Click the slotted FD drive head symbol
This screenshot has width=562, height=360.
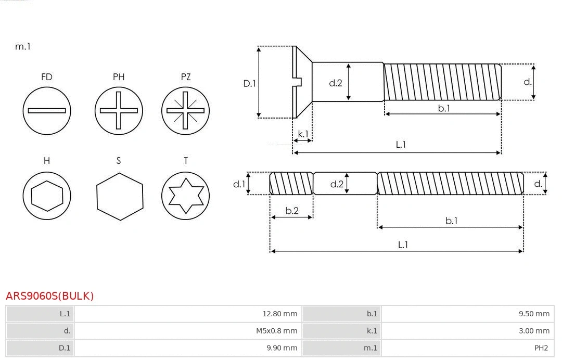(47, 110)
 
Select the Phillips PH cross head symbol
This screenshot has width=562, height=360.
(119, 110)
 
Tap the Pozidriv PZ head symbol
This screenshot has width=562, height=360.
(186, 110)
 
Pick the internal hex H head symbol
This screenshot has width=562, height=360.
(47, 196)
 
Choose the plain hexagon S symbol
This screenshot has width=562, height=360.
(119, 196)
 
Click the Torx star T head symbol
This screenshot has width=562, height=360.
(186, 196)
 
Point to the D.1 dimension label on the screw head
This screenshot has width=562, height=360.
(250, 83)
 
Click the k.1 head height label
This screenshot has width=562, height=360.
(302, 134)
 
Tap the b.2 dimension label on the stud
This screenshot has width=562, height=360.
(292, 211)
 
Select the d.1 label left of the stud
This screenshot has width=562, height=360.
(238, 184)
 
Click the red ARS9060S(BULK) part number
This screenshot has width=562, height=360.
(50, 296)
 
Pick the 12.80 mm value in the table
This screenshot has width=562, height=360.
(279, 314)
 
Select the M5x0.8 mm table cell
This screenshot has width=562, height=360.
(276, 331)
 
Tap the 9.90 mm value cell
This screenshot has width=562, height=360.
(281, 348)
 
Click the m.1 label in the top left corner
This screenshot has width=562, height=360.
(23, 46)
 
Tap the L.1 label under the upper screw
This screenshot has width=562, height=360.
(401, 145)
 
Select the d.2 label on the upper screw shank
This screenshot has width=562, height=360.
(336, 83)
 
